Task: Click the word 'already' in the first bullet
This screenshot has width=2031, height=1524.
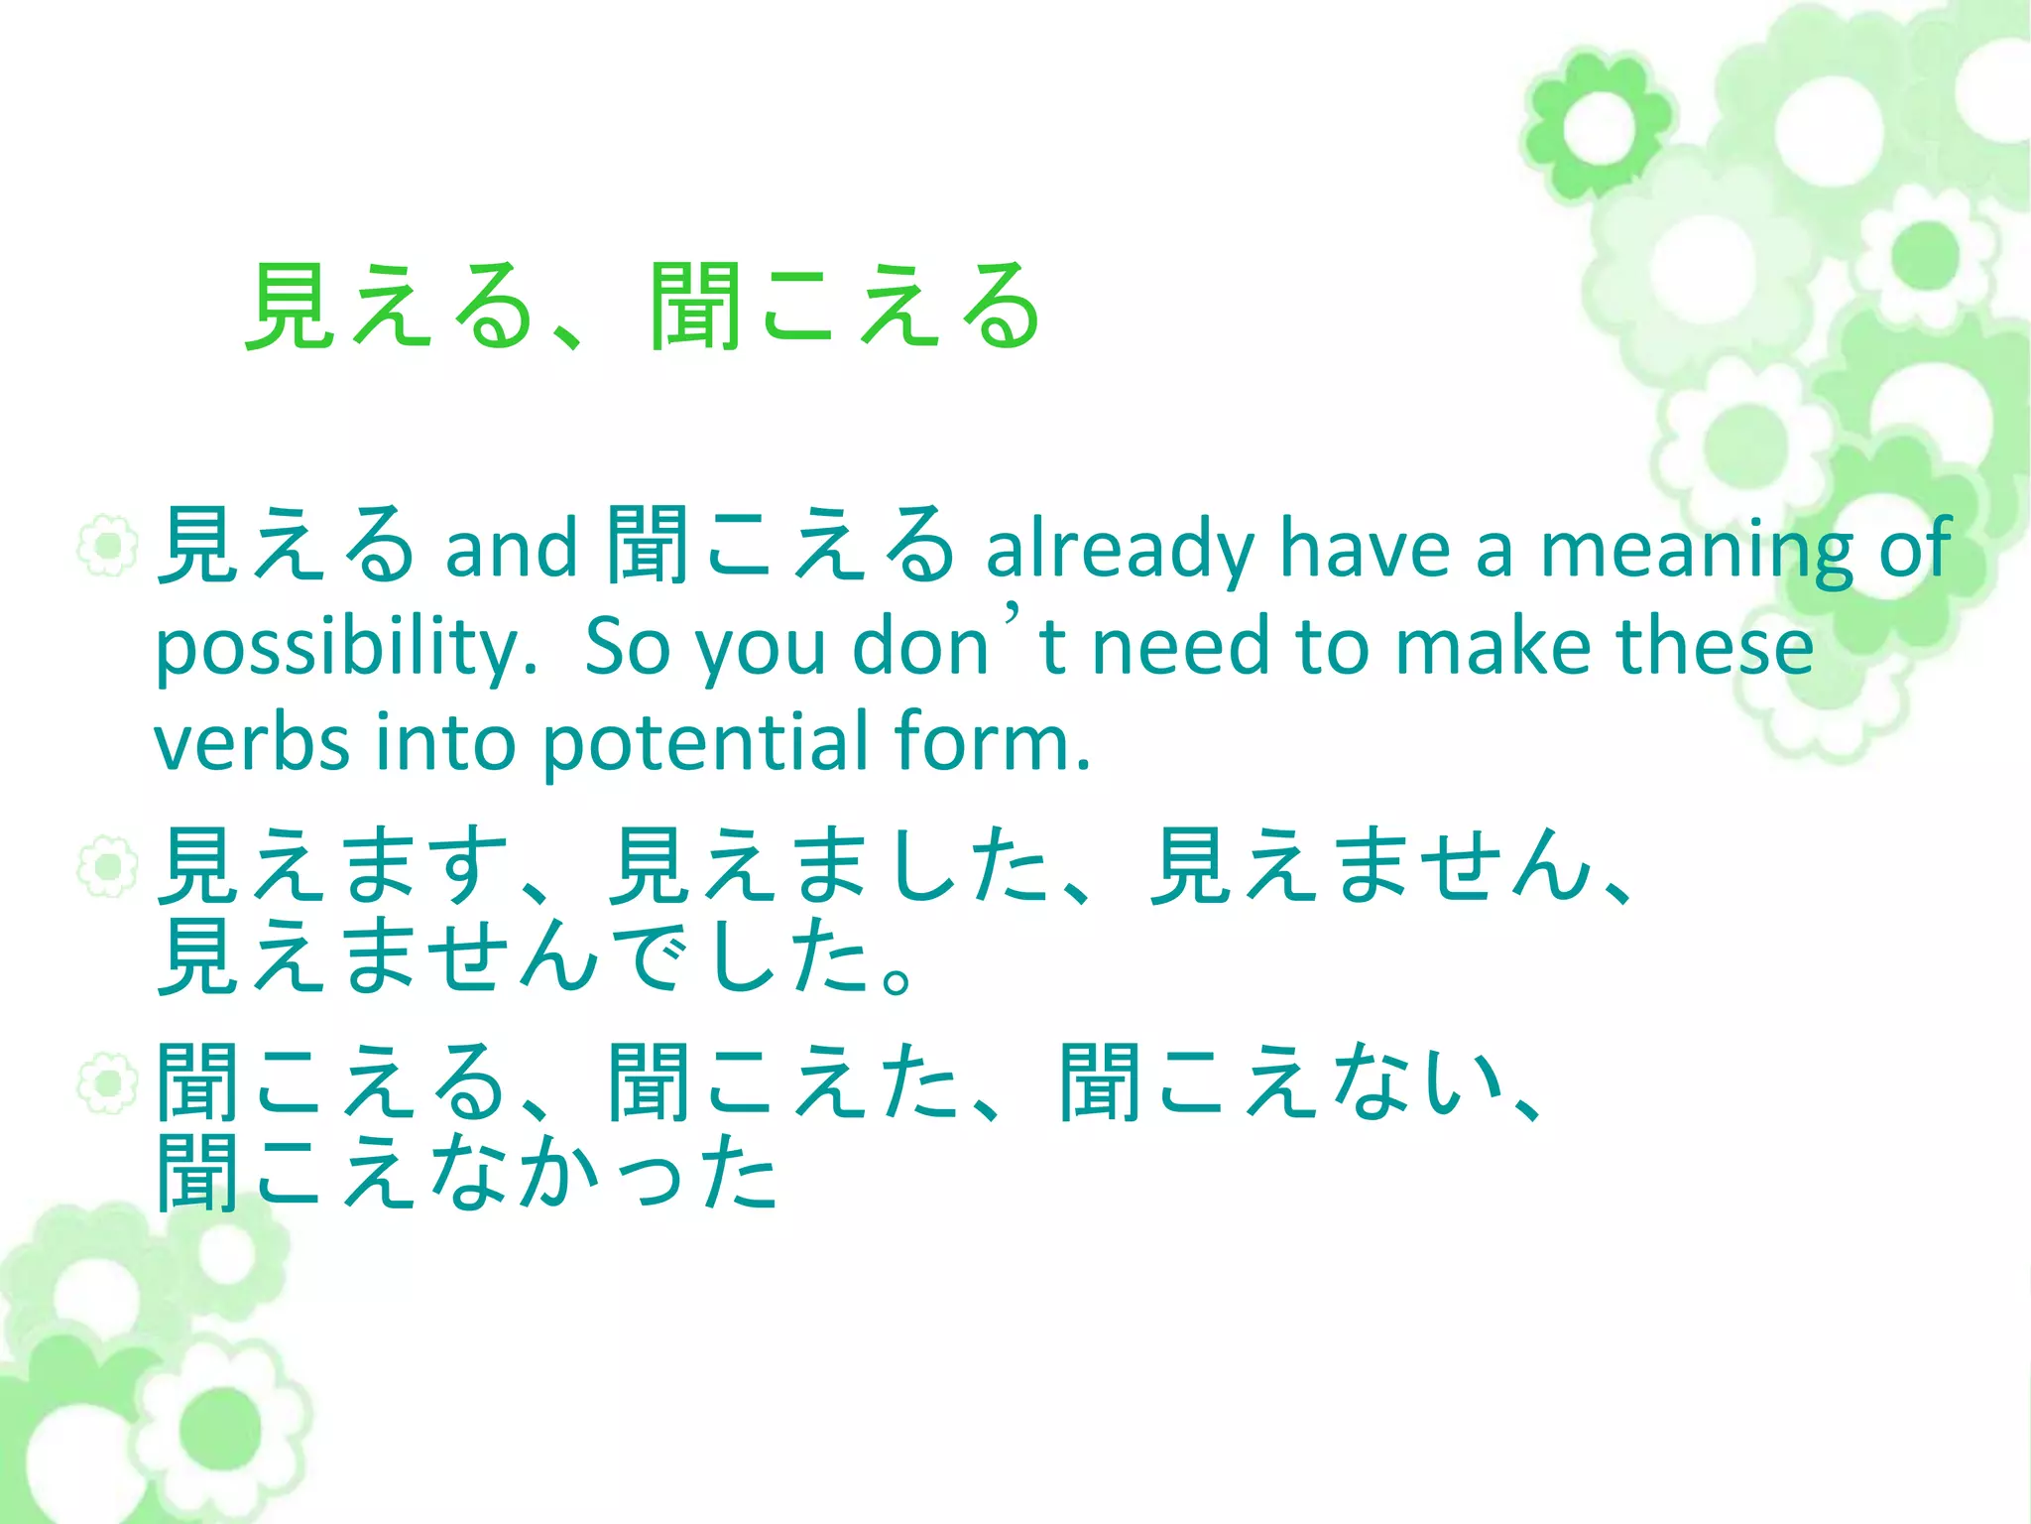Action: coord(1120,549)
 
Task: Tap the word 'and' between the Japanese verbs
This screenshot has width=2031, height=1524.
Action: coord(510,549)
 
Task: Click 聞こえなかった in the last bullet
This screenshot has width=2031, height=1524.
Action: coord(466,1174)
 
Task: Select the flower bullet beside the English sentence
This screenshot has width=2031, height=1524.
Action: coord(107,545)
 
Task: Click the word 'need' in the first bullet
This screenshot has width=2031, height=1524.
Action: coord(1180,646)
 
